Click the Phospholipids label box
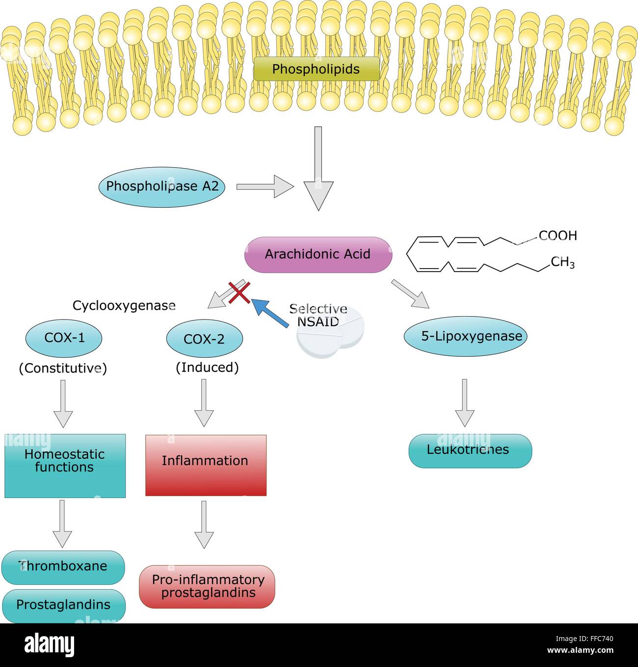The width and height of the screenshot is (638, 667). (x=317, y=69)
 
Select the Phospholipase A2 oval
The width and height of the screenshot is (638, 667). (x=161, y=187)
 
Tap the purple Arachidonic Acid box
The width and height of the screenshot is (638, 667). (x=318, y=255)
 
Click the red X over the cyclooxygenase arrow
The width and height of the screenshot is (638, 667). (x=239, y=293)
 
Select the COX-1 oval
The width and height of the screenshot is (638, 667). (x=64, y=338)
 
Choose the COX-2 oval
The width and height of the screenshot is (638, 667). (x=205, y=339)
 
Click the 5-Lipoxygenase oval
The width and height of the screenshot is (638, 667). (x=465, y=336)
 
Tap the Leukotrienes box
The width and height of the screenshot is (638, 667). (x=470, y=451)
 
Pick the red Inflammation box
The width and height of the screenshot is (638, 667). (x=206, y=466)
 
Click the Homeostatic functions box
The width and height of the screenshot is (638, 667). (x=65, y=466)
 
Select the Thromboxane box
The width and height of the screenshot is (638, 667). (x=63, y=568)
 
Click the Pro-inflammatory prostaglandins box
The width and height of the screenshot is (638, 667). (x=207, y=587)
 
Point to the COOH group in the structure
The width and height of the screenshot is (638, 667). (x=558, y=235)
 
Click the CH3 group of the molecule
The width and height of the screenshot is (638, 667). (x=562, y=263)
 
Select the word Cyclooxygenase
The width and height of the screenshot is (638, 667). (x=124, y=305)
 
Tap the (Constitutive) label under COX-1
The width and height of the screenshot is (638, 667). (x=63, y=368)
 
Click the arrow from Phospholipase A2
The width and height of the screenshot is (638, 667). (x=266, y=187)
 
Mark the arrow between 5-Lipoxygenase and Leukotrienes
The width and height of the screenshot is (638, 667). (x=465, y=403)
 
